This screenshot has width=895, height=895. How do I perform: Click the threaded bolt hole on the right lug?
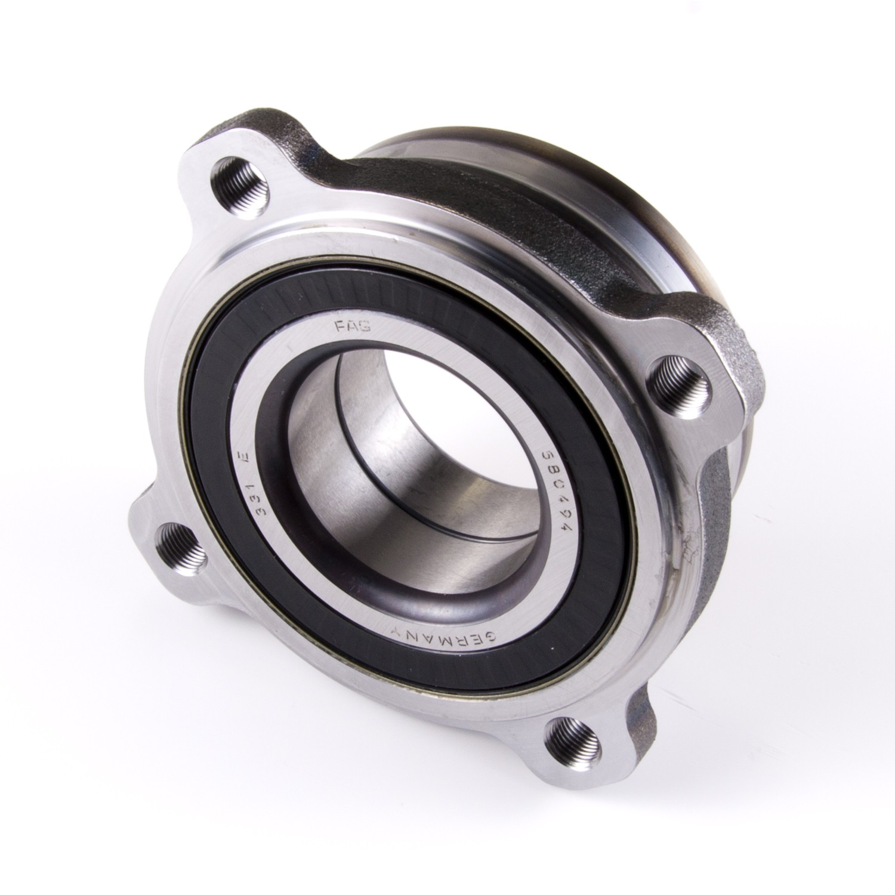(x=680, y=378)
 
